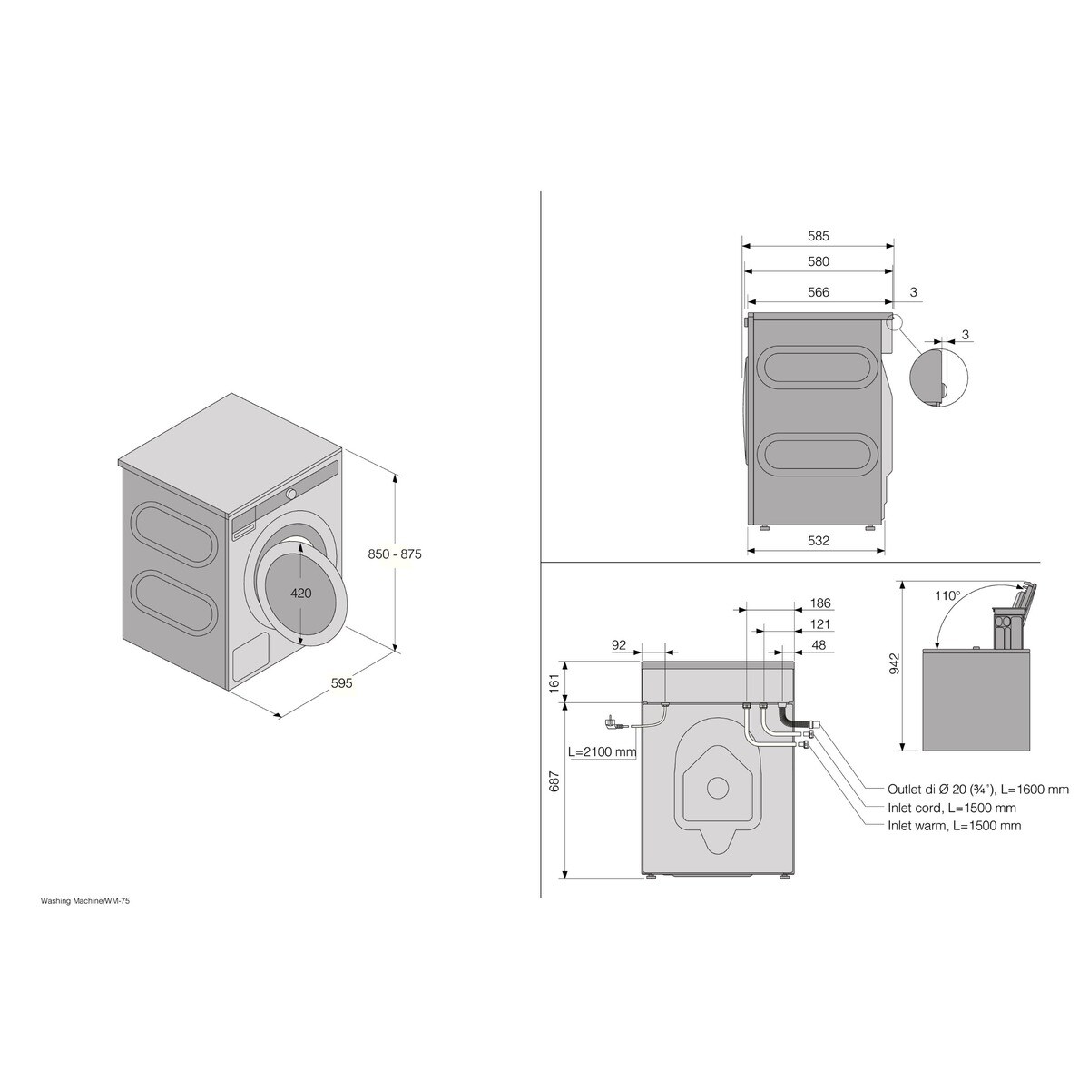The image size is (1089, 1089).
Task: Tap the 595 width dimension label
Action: (x=341, y=683)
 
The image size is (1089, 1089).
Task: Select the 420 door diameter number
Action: (x=301, y=593)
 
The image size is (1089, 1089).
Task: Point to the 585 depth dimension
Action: (x=819, y=236)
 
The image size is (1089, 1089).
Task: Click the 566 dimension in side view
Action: (x=819, y=292)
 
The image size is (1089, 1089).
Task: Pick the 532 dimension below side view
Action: (x=819, y=541)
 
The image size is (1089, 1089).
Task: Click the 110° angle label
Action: (x=947, y=596)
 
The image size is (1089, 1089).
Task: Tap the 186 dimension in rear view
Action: (x=819, y=603)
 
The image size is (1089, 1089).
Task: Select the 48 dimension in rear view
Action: (x=819, y=644)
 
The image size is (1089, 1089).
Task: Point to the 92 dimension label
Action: (x=620, y=644)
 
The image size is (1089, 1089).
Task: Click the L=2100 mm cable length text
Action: (x=603, y=751)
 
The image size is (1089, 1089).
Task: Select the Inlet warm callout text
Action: (x=954, y=826)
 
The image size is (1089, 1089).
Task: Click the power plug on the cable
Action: (x=613, y=722)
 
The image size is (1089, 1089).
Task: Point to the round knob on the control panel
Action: (x=291, y=494)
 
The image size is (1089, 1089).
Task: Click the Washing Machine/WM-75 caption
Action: (x=91, y=902)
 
